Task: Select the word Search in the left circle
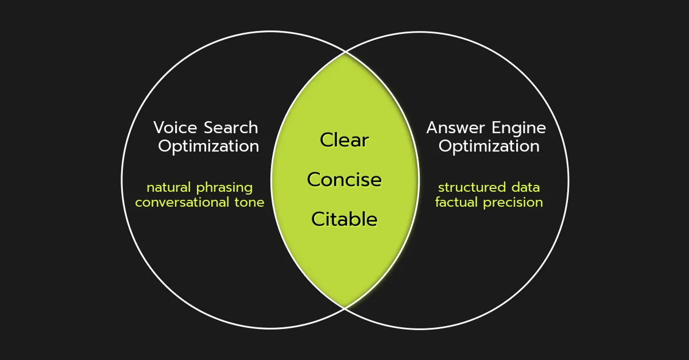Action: click(231, 127)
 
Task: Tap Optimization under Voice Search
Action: click(208, 146)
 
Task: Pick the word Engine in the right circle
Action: click(520, 129)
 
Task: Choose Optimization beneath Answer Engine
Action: click(489, 146)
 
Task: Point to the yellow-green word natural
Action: click(169, 187)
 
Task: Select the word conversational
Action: click(186, 202)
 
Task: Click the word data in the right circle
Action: click(525, 187)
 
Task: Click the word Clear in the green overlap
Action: click(344, 140)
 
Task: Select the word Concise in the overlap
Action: click(344, 180)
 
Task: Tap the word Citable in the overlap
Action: click(344, 219)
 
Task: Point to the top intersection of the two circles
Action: click(344, 53)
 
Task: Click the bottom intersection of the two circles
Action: click(344, 307)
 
